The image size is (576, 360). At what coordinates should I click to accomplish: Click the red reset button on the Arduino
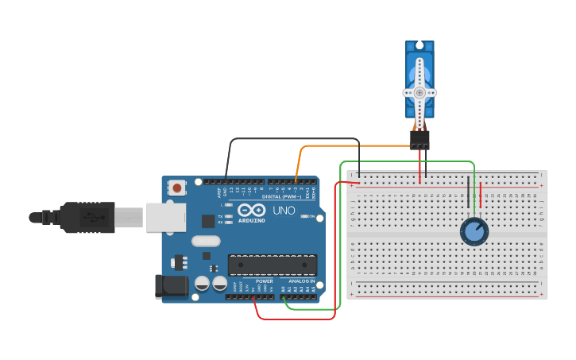[x=177, y=188]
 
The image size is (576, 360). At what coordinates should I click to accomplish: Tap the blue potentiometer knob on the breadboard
[x=474, y=231]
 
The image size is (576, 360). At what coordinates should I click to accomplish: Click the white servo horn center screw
[x=419, y=92]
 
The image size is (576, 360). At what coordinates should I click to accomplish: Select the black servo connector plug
[x=419, y=140]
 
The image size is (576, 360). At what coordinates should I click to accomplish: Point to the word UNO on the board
[x=284, y=211]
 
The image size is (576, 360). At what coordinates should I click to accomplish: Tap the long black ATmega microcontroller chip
[x=273, y=265]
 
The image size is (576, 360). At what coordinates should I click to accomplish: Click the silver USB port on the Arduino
[x=166, y=217]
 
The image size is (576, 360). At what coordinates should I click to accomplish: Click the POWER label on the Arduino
[x=265, y=281]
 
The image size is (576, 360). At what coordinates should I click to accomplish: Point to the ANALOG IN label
[x=300, y=281]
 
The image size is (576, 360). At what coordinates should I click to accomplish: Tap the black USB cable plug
[x=87, y=217]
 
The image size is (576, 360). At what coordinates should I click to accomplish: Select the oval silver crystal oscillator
[x=205, y=241]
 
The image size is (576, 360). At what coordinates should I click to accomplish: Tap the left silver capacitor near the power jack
[x=203, y=283]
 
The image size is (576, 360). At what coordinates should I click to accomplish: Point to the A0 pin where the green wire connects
[x=284, y=297]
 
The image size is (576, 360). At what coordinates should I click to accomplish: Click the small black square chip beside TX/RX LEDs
[x=208, y=221]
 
